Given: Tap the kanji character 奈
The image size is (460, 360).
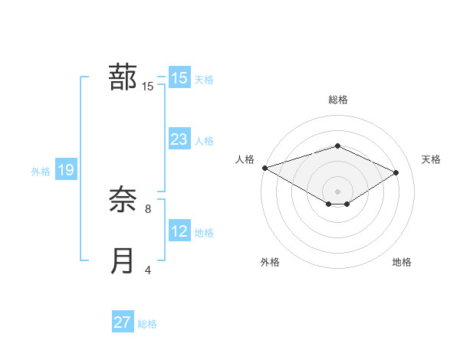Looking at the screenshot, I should click(123, 201).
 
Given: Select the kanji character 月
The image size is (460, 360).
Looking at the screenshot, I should click(123, 261).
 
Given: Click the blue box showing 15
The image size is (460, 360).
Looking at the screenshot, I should click(179, 78).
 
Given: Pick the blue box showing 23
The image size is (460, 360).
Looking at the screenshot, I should click(179, 139).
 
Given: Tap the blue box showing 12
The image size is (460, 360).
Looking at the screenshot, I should click(179, 231).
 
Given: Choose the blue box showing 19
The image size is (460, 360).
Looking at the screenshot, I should click(66, 170).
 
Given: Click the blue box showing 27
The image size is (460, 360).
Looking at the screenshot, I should click(123, 322).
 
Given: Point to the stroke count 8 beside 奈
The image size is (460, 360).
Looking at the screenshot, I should click(148, 208).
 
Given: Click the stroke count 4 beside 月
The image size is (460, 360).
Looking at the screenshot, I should click(148, 270).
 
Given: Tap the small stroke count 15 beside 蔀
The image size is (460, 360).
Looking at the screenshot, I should click(148, 87).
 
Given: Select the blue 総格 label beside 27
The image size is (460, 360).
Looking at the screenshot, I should click(147, 324).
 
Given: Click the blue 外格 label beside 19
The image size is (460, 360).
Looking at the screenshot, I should click(41, 172).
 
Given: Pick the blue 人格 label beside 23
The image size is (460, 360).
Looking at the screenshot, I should click(204, 141).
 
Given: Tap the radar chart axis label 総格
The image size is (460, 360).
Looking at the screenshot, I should click(337, 100).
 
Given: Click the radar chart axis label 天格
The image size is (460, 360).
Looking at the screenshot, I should click(432, 159).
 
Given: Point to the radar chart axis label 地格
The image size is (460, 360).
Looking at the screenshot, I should click(402, 263).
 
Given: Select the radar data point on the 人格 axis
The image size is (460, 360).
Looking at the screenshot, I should click(264, 168).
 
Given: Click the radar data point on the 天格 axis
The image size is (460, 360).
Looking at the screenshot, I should click(396, 172).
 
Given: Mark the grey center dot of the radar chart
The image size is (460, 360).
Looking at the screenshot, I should click(337, 191).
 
